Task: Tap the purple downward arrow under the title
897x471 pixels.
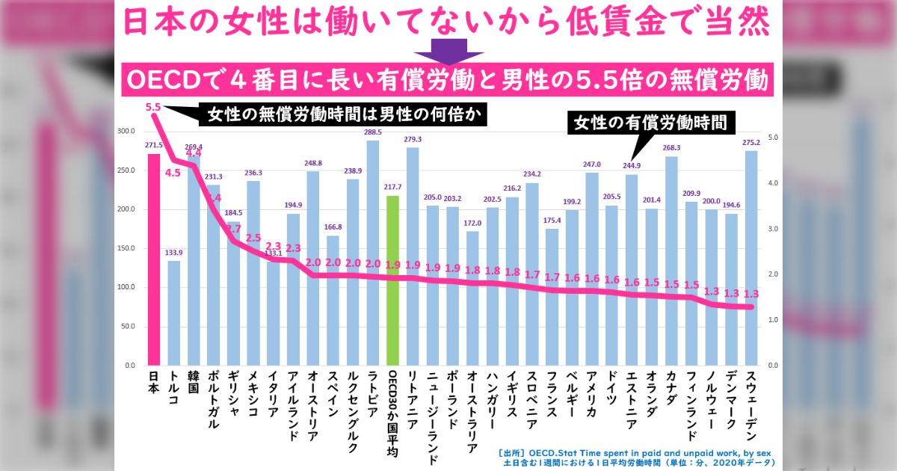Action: (449, 52)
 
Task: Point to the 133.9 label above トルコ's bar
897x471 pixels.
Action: (173, 253)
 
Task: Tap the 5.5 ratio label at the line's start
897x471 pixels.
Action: (153, 107)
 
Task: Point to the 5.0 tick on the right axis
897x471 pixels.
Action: (774, 138)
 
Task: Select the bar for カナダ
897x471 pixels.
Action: (671, 261)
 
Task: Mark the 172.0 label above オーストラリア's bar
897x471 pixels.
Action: (472, 223)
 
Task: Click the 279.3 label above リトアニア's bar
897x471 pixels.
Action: (413, 140)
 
